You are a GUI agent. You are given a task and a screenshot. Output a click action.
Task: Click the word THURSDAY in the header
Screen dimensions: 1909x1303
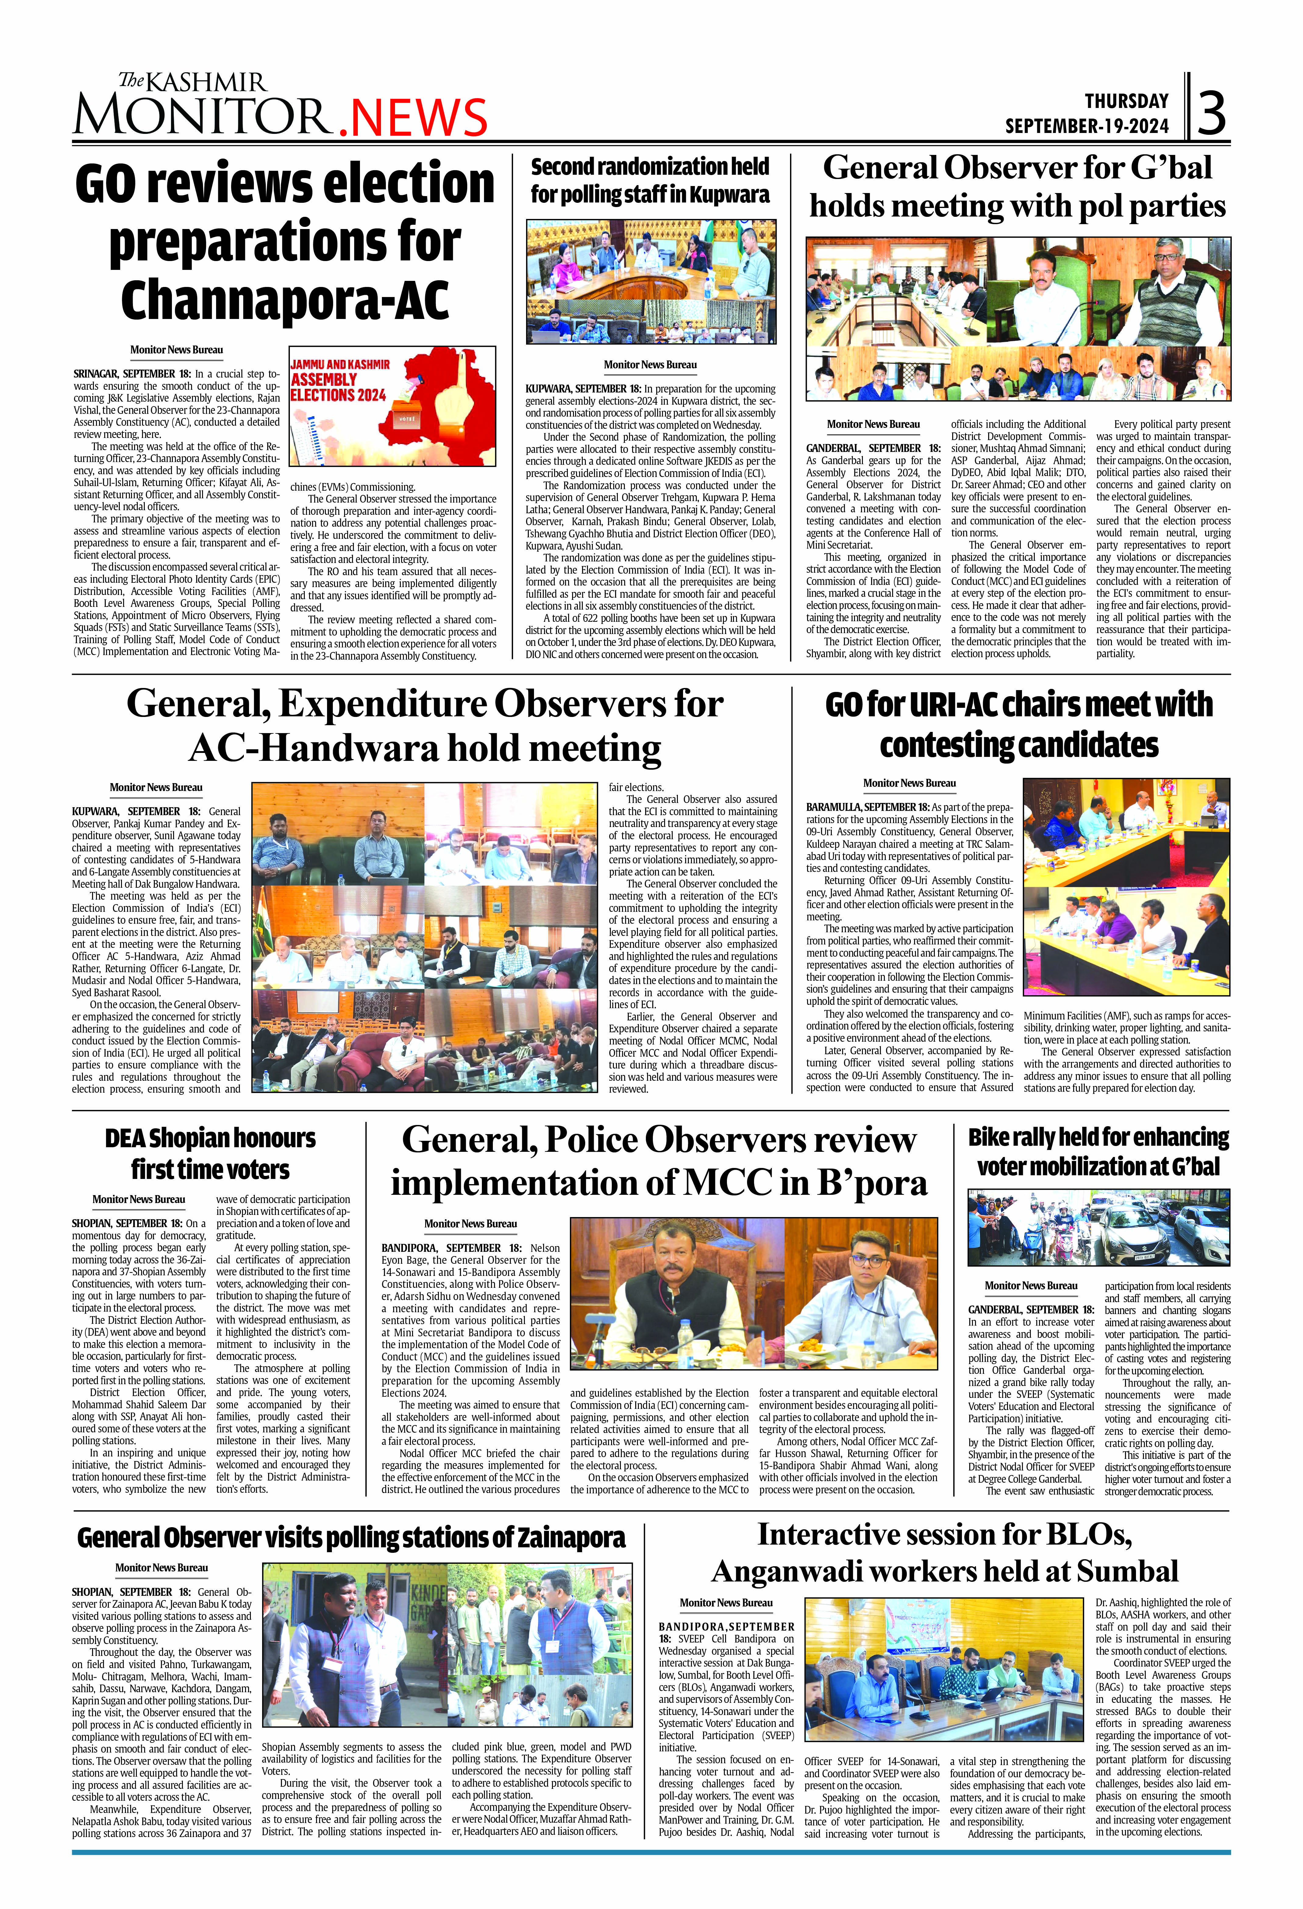click(x=1127, y=101)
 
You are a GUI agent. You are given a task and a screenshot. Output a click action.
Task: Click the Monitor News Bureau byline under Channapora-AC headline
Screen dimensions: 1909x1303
click(x=176, y=350)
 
